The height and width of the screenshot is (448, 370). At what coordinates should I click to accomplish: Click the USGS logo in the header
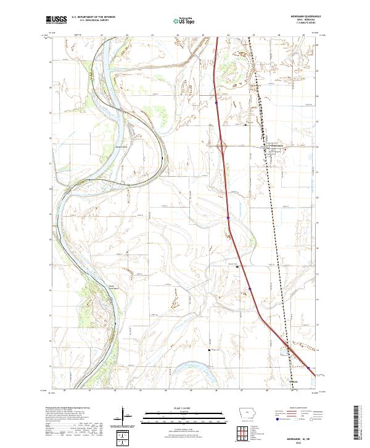pyautogui.click(x=56, y=20)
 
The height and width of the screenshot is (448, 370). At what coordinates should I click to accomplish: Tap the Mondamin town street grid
pyautogui.click(x=275, y=148)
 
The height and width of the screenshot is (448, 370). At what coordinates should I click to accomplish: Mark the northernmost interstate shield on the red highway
pyautogui.click(x=217, y=104)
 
